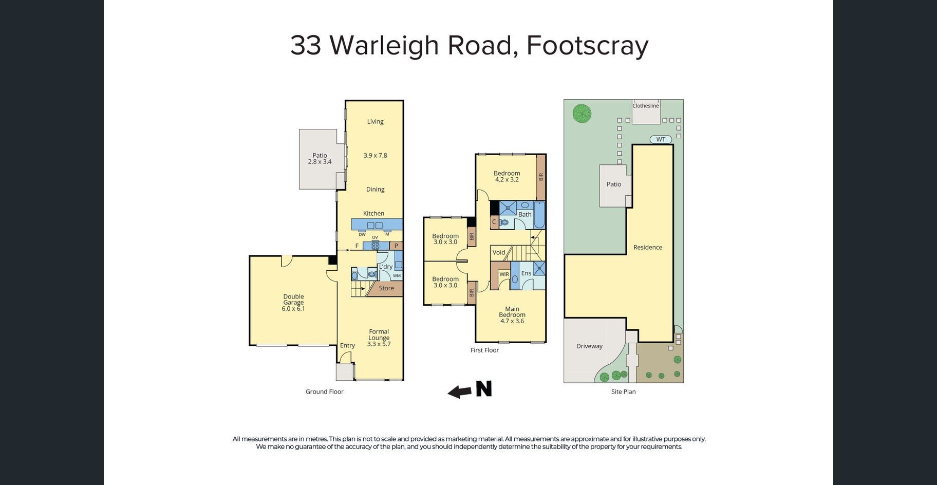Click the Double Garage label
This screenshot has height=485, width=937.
(293, 303)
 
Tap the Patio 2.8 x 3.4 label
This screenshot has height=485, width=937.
(320, 158)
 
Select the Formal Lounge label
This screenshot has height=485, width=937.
(379, 338)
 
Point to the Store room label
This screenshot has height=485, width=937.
(386, 288)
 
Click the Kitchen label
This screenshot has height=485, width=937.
(373, 213)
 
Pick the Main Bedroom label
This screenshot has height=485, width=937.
(512, 315)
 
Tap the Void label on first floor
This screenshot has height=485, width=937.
(499, 252)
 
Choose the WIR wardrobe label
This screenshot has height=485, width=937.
(504, 274)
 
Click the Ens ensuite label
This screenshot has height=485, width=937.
(526, 273)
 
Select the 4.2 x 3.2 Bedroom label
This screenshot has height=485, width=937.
(507, 176)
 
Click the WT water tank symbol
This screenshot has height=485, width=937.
(661, 139)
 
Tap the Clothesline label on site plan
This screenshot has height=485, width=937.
(646, 106)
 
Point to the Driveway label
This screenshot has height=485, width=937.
(589, 346)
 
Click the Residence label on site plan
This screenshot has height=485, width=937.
(648, 247)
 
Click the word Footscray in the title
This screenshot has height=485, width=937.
(587, 45)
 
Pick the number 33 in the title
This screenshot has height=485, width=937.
(306, 45)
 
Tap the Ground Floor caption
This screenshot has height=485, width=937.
(325, 391)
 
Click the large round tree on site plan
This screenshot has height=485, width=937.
(582, 113)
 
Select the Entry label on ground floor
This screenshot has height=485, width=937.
(347, 346)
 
